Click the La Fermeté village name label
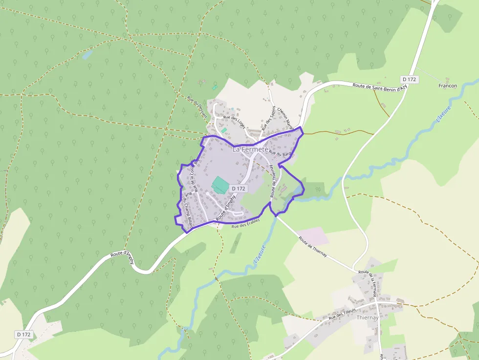(250, 149)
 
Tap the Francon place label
(448, 86)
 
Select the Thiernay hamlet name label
(368, 318)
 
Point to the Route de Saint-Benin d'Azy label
(380, 86)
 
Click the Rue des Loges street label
(234, 121)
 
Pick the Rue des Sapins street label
(268, 118)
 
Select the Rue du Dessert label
(197, 106)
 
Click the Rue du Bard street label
(280, 154)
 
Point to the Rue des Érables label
(246, 223)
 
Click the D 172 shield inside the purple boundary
(239, 188)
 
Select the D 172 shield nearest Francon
(409, 79)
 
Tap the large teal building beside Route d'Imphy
(220, 185)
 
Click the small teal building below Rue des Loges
(224, 130)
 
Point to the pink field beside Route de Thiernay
(313, 236)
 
